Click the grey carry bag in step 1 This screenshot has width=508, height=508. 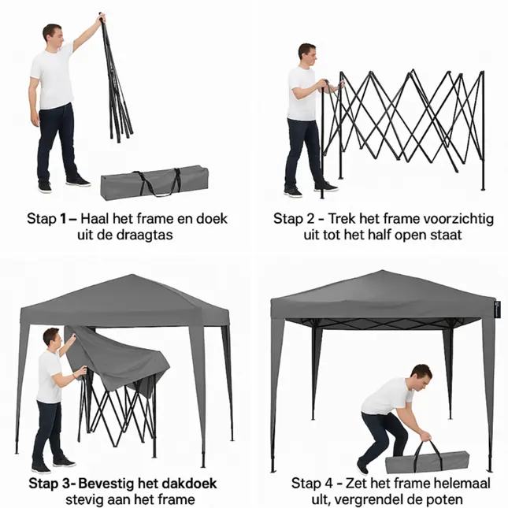tap(153, 184)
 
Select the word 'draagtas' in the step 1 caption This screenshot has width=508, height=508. tap(146, 234)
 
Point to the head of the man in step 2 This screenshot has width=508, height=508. tap(306, 54)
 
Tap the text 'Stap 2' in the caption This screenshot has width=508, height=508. tap(293, 218)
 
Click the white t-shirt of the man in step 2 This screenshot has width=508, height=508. tap(302, 94)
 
